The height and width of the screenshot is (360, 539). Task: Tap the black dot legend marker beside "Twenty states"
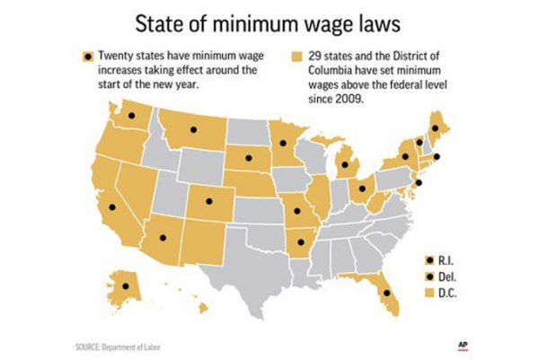tap(87, 57)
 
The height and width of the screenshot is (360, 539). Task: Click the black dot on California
tap(112, 207)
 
